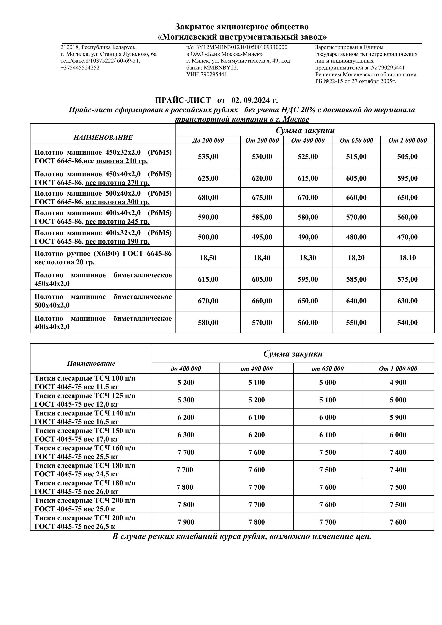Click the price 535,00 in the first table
pos(208,157)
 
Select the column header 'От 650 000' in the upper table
pos(356,140)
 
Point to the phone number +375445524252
pos(80,68)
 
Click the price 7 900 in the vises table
pos(186,522)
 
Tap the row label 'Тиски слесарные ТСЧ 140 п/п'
pos(85,413)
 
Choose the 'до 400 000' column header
pos(186,369)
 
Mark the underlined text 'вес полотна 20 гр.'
pos(64,262)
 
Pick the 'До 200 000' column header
pos(208,140)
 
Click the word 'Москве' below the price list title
pos(296,119)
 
